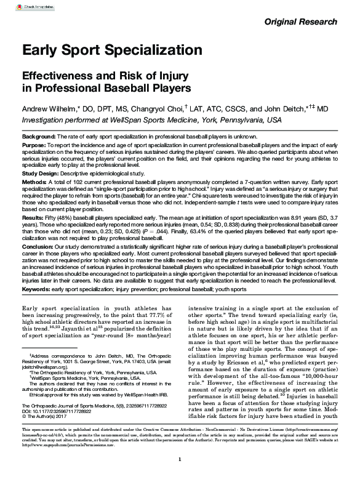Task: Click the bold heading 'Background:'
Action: [x=38, y=135]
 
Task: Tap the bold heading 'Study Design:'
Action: [x=41, y=174]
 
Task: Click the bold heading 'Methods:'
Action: [x=35, y=183]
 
